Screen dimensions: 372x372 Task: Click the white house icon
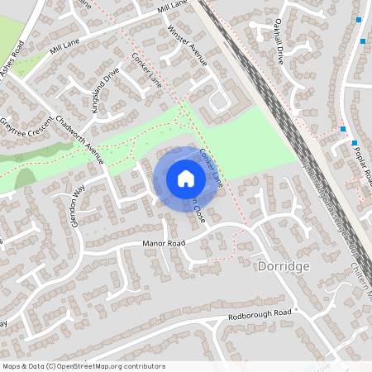(186, 179)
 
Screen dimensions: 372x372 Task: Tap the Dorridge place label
(284, 267)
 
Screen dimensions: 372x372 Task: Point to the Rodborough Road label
(261, 314)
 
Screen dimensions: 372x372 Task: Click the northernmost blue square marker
(359, 20)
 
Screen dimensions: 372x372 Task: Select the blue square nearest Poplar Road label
(355, 143)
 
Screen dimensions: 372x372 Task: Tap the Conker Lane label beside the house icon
(212, 166)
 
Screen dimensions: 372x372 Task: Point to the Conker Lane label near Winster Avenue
(147, 70)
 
